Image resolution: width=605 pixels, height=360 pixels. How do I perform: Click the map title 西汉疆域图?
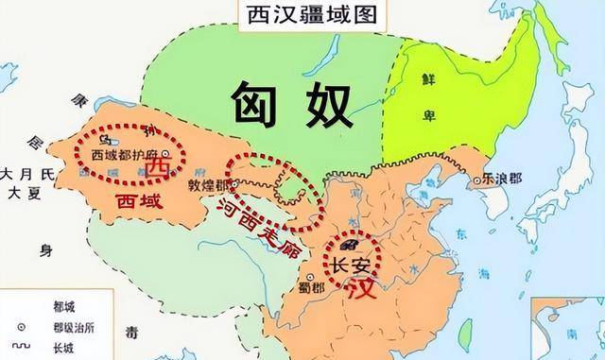[x=302, y=16]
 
